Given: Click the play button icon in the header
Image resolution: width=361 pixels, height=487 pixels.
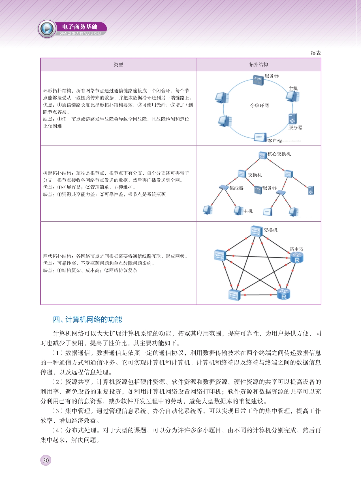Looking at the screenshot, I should tap(47, 29).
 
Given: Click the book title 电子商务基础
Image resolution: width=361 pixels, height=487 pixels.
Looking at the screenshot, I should tap(80, 27).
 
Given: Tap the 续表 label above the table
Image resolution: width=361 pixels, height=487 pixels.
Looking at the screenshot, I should tap(316, 53).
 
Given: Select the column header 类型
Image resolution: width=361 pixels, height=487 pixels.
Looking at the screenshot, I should tap(118, 65).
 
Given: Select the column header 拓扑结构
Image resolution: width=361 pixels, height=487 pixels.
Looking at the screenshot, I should tap(259, 65).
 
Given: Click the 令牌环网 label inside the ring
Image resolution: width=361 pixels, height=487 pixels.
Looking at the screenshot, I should tap(259, 105).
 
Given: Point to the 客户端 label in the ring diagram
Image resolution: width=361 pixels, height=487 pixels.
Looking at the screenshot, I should tap(274, 141).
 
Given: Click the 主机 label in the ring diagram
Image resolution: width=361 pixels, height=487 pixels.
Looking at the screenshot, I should tap(293, 88).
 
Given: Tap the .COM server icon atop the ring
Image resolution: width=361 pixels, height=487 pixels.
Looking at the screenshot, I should tap(258, 80).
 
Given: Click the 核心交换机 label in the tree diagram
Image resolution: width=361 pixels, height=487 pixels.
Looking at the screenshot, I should tap(279, 154).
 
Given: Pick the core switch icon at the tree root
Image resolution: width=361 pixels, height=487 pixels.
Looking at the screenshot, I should tap(262, 155).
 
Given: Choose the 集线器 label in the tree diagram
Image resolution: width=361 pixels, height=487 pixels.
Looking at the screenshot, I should tap(236, 188).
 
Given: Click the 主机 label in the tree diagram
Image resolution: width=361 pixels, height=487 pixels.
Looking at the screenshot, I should tap(248, 211).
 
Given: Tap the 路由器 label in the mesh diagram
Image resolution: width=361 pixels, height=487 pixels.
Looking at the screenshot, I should tap(296, 249).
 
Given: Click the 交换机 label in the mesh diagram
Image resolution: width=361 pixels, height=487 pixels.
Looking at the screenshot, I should tap(270, 230).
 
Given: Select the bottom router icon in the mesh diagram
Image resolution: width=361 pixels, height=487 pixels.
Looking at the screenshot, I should tap(283, 294).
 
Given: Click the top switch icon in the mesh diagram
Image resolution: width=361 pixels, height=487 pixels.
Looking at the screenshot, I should tap(257, 231).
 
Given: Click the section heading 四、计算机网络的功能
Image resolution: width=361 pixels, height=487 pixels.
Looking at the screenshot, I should tap(87, 319).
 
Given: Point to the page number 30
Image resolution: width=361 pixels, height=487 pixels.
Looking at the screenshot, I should tap(46, 460).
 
